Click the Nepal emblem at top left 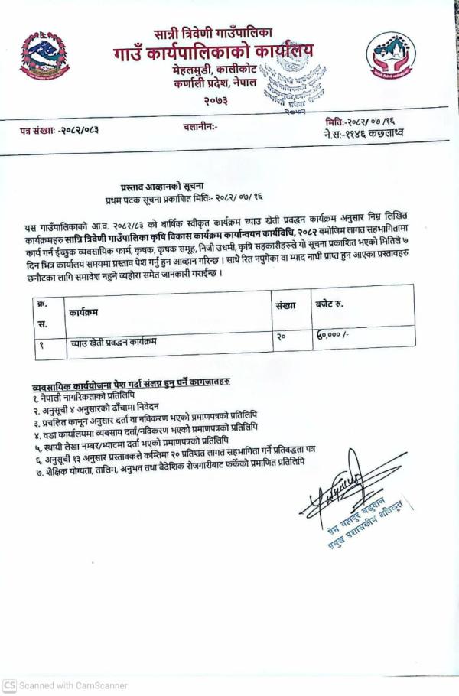coord(44,55)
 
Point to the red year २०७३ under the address coord(216,100)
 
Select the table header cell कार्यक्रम coord(83,313)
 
